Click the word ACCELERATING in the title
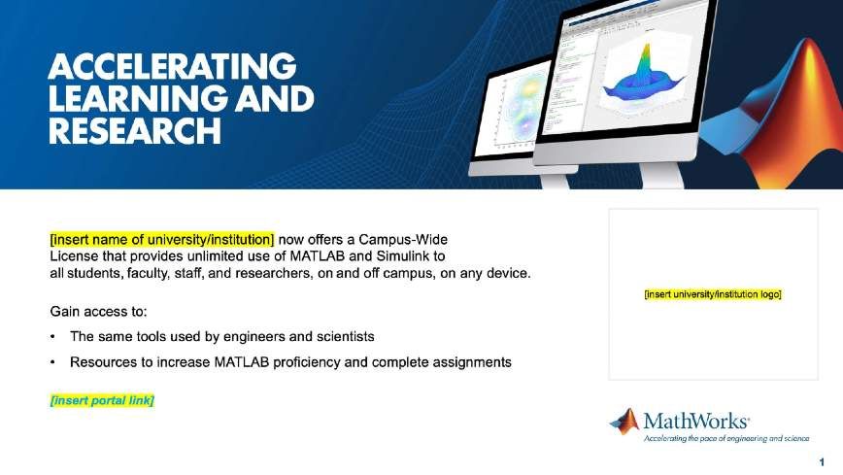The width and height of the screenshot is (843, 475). pos(172,67)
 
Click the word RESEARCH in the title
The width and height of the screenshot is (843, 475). pos(135,131)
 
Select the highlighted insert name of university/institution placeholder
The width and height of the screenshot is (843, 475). pos(162,239)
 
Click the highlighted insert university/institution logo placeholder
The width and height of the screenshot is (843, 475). pos(713,294)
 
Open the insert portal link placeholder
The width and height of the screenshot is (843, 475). pos(102,400)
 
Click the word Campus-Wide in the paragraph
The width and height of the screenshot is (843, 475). pos(403,239)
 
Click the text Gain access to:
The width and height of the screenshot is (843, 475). pos(98,312)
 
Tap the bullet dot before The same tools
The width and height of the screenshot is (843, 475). pos(52,337)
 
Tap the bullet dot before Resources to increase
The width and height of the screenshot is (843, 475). pos(52,362)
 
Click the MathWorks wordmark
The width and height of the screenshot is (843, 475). pos(695,421)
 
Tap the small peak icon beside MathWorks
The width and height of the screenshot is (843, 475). pos(624,422)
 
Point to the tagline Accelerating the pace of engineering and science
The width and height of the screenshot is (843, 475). pos(726,438)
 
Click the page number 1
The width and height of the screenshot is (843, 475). pos(822,462)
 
